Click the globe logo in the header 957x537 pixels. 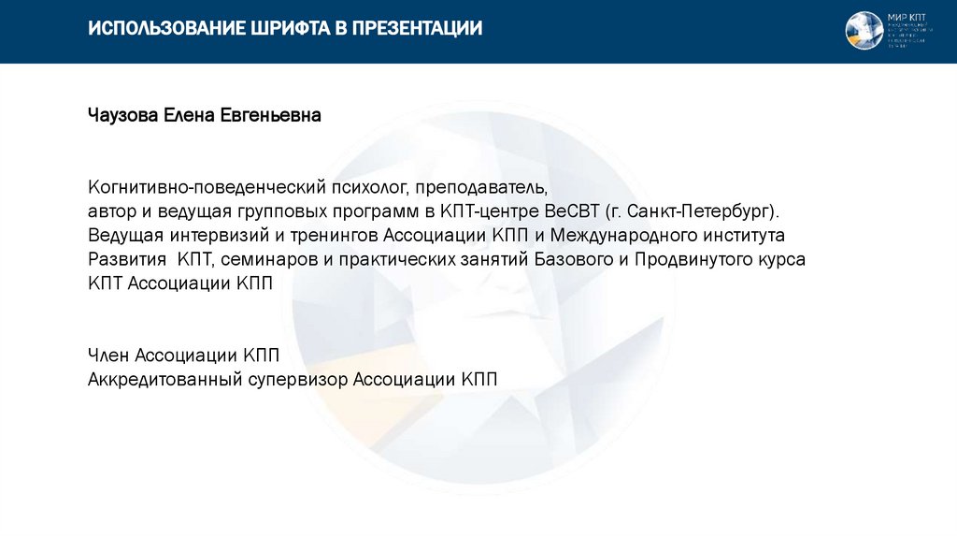(x=864, y=30)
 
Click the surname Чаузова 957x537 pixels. (x=123, y=116)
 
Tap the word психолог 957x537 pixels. (x=361, y=186)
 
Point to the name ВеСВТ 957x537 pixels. (x=574, y=210)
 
